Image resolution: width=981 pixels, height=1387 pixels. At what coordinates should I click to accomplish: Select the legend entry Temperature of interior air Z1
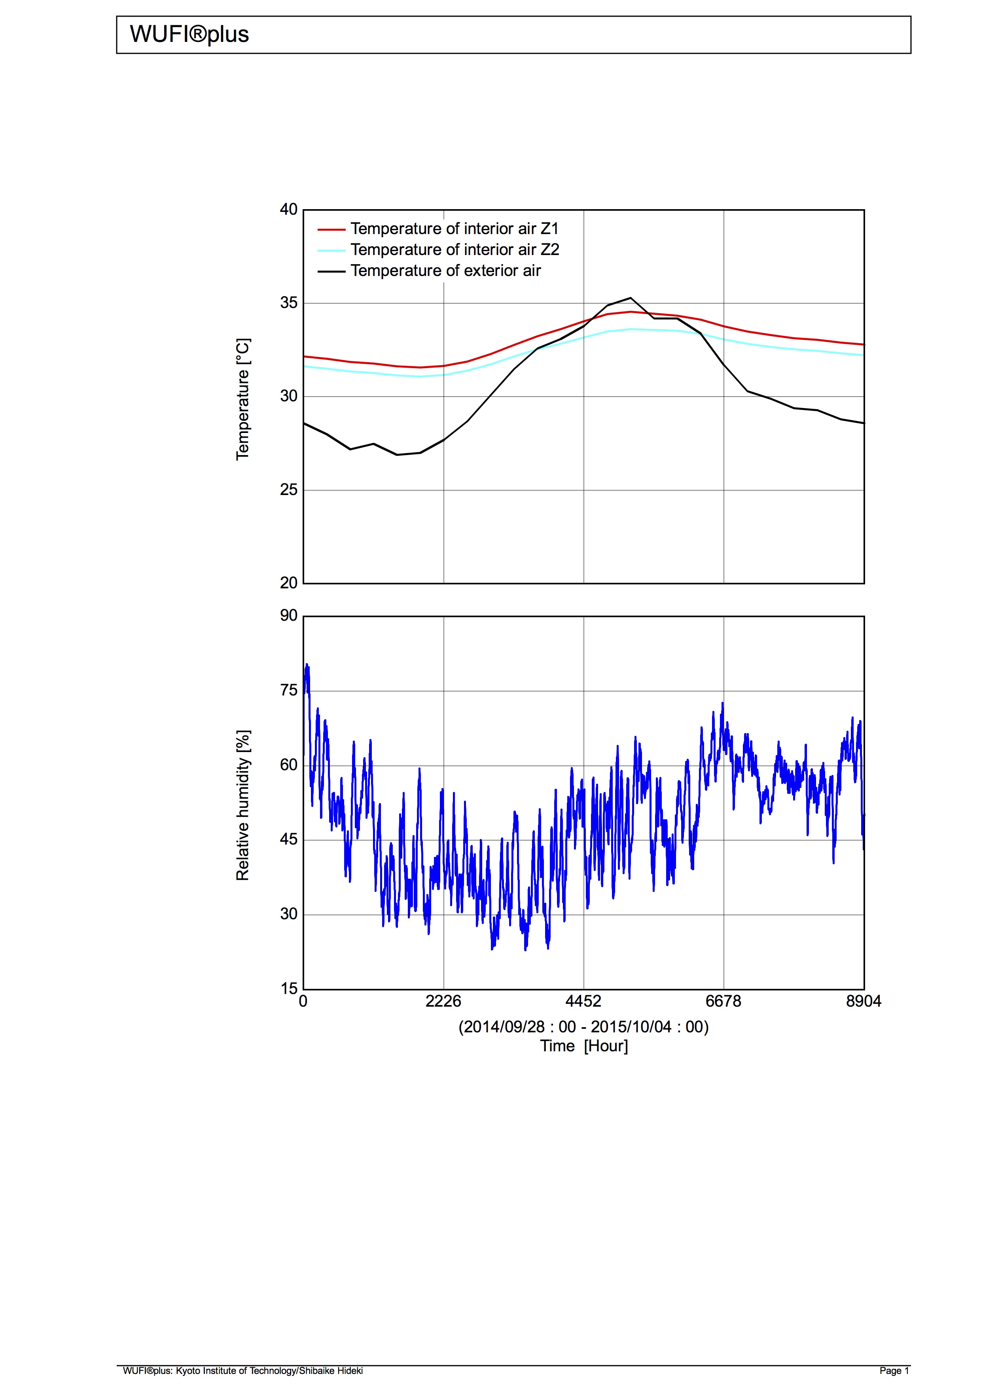[x=454, y=229]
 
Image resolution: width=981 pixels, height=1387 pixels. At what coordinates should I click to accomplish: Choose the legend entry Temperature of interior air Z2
[x=455, y=249]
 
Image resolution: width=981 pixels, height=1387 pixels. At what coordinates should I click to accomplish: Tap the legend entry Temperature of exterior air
[x=445, y=270]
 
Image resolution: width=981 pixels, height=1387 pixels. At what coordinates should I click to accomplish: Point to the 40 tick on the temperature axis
[x=289, y=210]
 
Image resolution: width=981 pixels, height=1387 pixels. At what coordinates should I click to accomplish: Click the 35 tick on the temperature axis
[x=289, y=302]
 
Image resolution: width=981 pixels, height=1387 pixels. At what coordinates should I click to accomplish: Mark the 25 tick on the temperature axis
[x=289, y=489]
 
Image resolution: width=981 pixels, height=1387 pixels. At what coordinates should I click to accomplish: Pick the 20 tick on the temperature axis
[x=289, y=583]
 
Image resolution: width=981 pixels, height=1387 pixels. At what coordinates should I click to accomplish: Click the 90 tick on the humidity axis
[x=289, y=616]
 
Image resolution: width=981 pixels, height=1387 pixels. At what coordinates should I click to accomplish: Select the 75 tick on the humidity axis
[x=289, y=690]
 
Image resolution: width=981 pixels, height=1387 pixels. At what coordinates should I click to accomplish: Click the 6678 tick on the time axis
[x=723, y=1002]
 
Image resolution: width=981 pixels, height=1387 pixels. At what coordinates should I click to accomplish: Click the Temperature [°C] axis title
[x=243, y=399]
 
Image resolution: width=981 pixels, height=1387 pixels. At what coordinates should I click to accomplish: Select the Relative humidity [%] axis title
[x=243, y=805]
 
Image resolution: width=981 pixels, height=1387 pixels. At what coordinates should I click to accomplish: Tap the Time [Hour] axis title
[x=584, y=1046]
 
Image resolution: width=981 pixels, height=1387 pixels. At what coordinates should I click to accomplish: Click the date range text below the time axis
[x=583, y=1027]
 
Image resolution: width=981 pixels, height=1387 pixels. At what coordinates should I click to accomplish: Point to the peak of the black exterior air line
[x=631, y=298]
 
